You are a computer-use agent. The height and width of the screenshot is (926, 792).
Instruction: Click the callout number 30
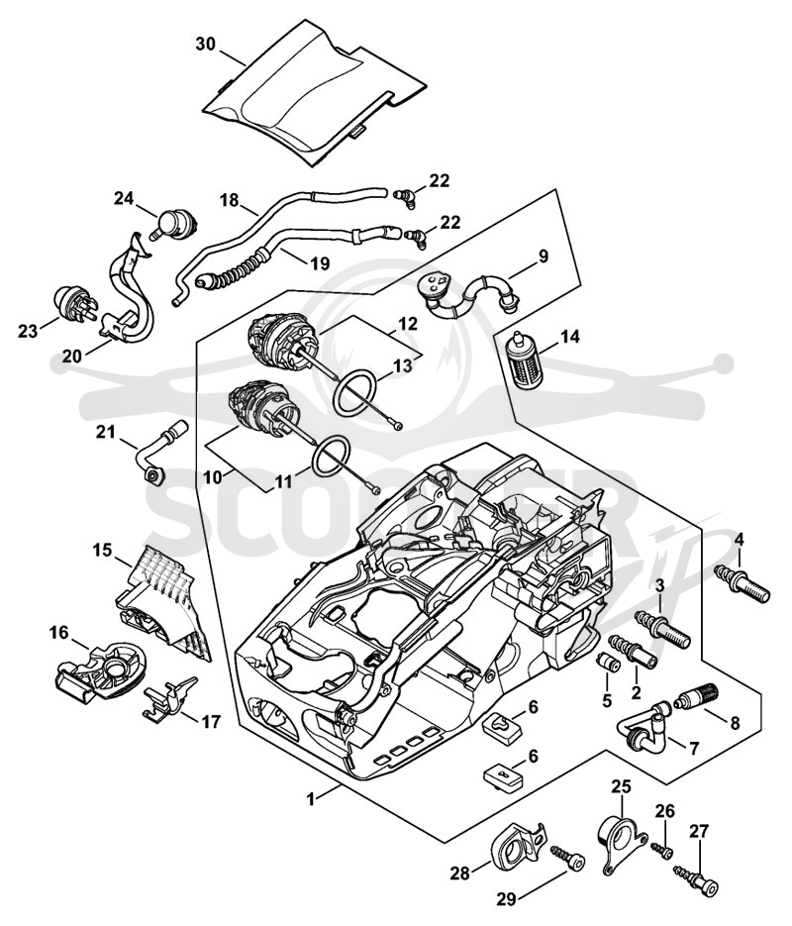(x=206, y=44)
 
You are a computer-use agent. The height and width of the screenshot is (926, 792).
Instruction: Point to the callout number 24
(x=124, y=198)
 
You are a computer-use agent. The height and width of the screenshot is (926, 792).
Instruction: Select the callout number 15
(x=102, y=551)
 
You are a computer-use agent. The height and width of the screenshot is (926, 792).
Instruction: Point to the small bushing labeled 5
(x=608, y=661)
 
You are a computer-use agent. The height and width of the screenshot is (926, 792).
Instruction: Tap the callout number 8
(x=735, y=723)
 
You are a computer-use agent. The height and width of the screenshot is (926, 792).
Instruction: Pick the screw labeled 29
(x=567, y=858)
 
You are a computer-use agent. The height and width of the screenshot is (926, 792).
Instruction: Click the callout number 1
(x=311, y=798)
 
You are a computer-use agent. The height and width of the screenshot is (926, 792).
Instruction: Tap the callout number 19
(x=320, y=262)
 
